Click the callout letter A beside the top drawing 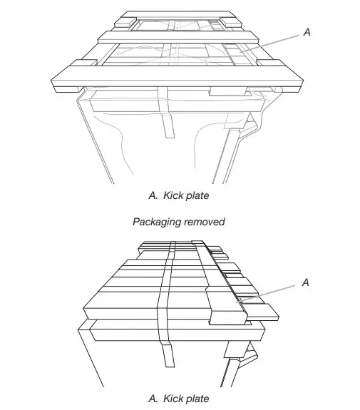click(307, 33)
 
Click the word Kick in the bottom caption click(165, 398)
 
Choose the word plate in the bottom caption click(195, 398)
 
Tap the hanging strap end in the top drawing click(169, 125)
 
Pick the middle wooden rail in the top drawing click(178, 36)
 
